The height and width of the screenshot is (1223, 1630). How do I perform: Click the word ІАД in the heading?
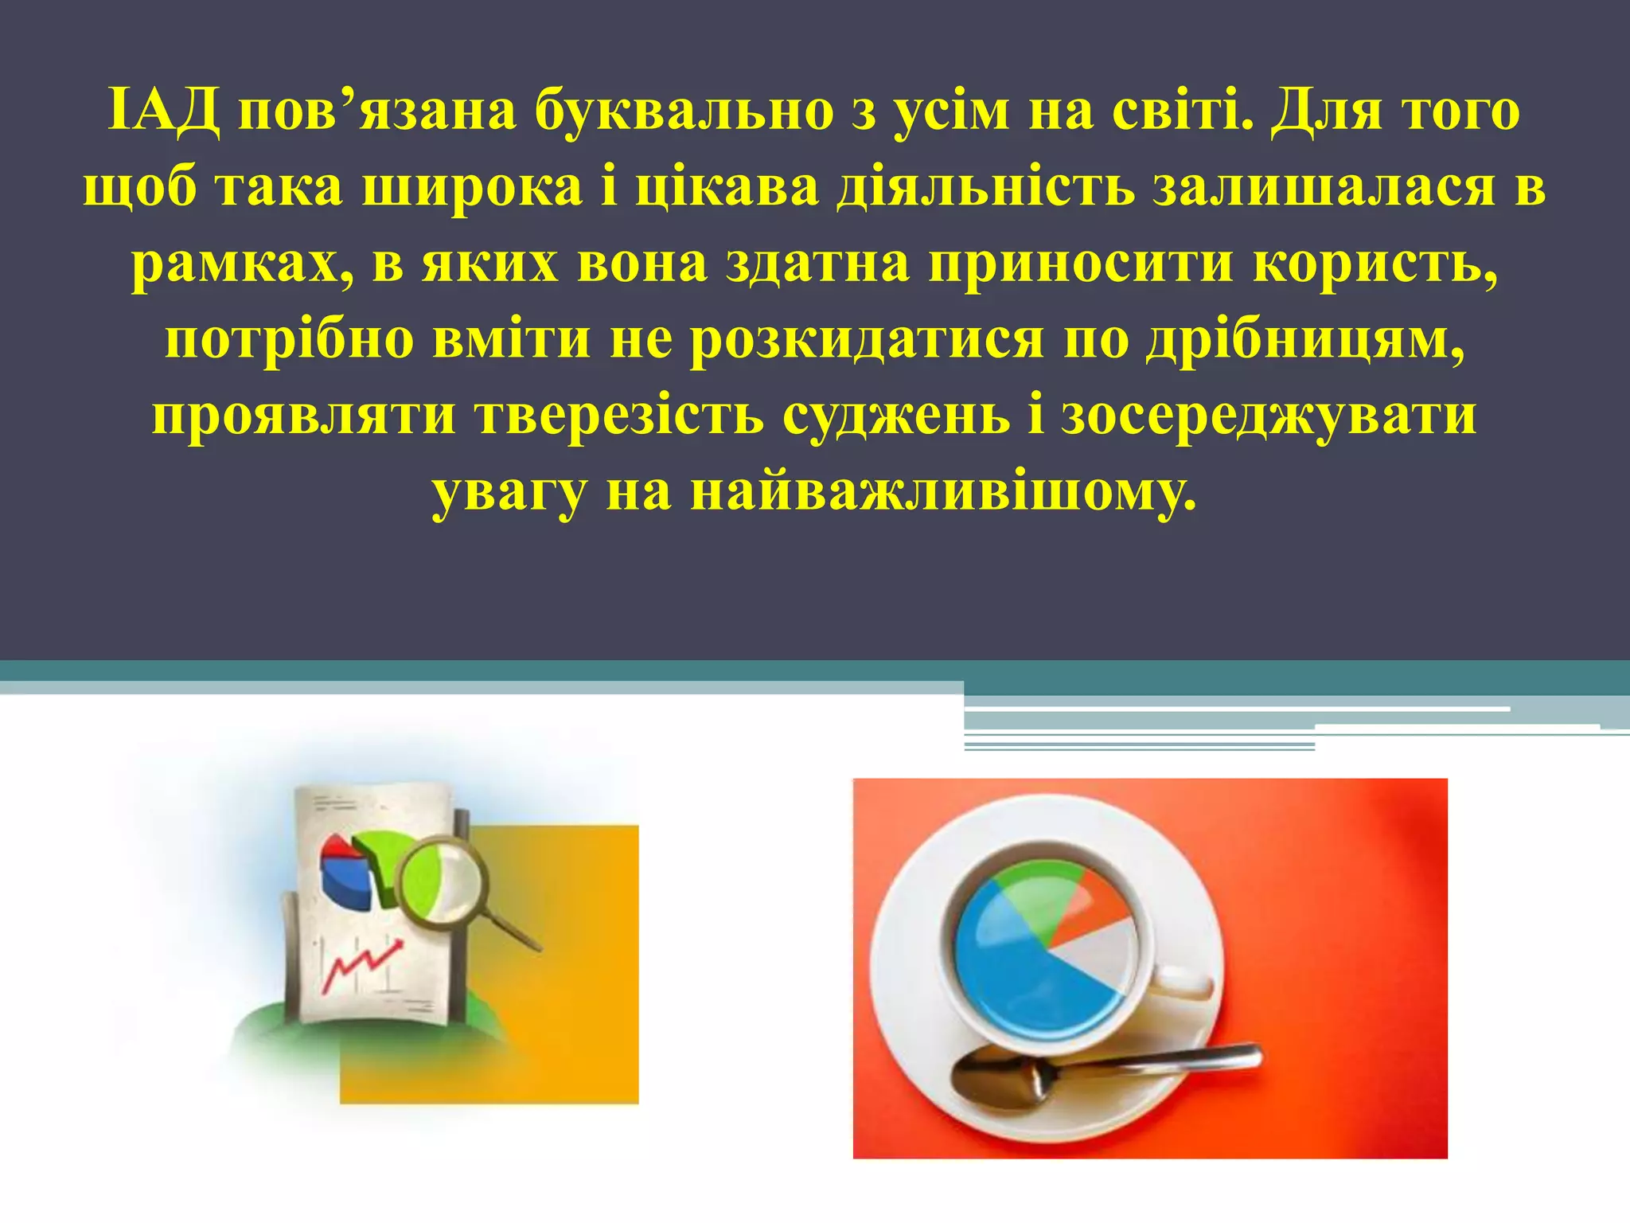[164, 112]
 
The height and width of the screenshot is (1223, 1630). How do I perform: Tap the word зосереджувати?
[1269, 416]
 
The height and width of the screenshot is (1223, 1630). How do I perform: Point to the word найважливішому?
[942, 492]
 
